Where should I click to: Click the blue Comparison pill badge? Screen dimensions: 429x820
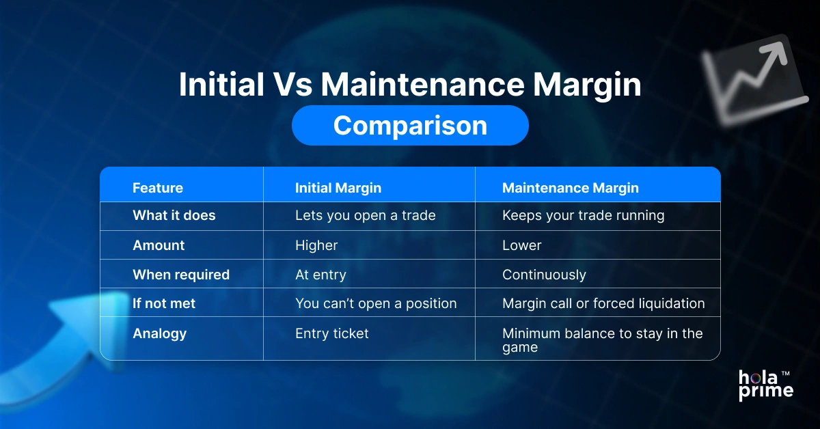tap(410, 126)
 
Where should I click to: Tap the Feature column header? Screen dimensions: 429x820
tap(157, 188)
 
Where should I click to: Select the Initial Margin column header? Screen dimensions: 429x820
tap(338, 188)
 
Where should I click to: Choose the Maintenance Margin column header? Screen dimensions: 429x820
tap(570, 188)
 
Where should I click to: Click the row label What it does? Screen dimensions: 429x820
tap(174, 216)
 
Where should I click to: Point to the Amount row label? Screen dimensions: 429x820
tap(159, 245)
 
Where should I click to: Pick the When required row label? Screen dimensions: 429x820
tap(180, 275)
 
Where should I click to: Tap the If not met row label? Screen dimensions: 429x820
tap(163, 303)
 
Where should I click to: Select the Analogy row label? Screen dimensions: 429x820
tap(159, 333)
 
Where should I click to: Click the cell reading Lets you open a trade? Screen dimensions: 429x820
tap(365, 216)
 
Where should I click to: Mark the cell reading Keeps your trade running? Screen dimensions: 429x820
tap(583, 216)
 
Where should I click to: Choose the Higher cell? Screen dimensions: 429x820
tap(316, 245)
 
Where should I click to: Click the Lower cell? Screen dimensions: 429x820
tap(521, 245)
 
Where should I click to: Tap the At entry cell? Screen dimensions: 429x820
tap(320, 275)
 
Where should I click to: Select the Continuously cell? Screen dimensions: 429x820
tap(544, 275)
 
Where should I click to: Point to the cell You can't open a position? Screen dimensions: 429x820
tap(376, 303)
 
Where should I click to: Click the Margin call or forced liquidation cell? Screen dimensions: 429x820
tap(603, 303)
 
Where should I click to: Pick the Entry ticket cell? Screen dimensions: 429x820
tap(331, 333)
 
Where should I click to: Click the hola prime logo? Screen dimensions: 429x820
tap(766, 385)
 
